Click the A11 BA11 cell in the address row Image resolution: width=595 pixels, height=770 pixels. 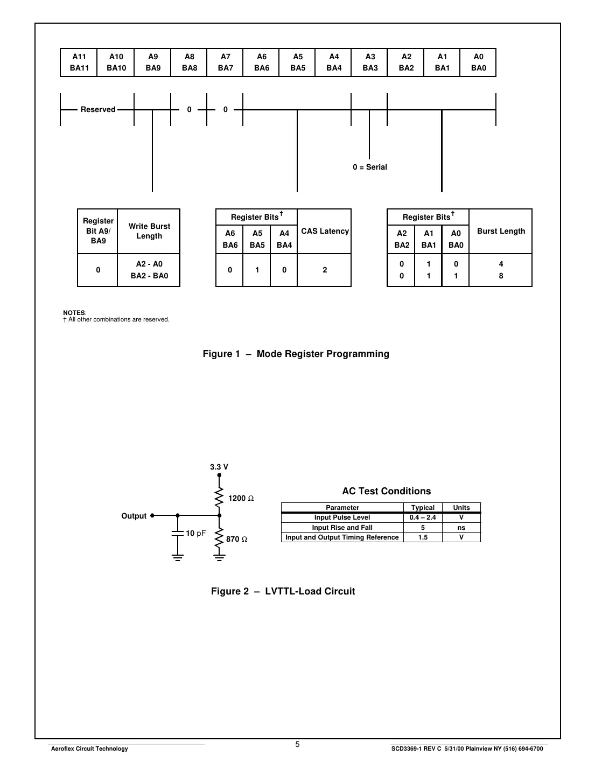click(x=79, y=62)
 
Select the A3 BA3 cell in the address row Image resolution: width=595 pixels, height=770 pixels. click(x=370, y=62)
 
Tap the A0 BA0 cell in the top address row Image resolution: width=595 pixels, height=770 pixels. click(x=478, y=62)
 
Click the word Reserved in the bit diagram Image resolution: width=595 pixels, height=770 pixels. click(x=98, y=110)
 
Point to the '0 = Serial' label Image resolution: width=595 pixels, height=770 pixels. click(x=370, y=167)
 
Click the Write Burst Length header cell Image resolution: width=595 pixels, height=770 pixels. click(x=149, y=232)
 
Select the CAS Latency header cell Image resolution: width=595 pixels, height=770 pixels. click(x=325, y=232)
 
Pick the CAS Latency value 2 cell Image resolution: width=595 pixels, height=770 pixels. click(x=325, y=270)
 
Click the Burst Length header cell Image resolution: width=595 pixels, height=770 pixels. click(x=501, y=232)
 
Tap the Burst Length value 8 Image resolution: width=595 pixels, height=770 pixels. click(x=501, y=276)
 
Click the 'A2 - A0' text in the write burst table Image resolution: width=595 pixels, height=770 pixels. click(x=149, y=264)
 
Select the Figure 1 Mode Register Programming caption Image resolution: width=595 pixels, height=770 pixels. click(x=296, y=354)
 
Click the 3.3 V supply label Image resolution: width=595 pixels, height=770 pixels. click(x=219, y=467)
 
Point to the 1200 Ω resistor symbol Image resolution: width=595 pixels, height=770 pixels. click(x=219, y=498)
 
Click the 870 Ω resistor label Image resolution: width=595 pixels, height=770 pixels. click(x=237, y=540)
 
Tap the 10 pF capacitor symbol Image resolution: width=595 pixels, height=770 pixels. click(x=178, y=533)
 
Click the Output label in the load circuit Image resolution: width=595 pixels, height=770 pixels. click(x=134, y=516)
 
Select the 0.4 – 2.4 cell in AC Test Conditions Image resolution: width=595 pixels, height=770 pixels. click(x=423, y=517)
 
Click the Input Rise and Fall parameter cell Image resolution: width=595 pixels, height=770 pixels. click(x=342, y=528)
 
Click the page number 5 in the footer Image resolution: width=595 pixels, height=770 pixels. click(x=297, y=745)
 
